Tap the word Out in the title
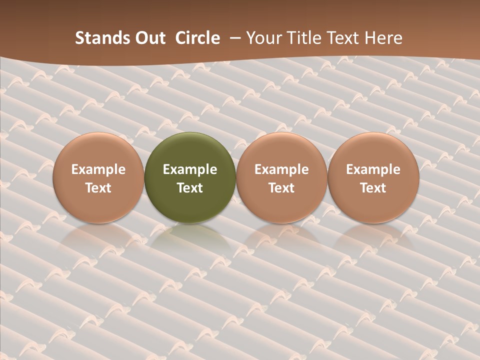[x=149, y=38]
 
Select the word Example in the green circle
[x=190, y=169]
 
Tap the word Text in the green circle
[x=190, y=188]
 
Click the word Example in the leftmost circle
[x=98, y=169]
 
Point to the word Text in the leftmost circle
[x=98, y=188]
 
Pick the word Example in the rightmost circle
[x=373, y=169]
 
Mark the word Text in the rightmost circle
[x=373, y=188]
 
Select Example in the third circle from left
[x=281, y=169]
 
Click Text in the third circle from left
[x=281, y=188]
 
